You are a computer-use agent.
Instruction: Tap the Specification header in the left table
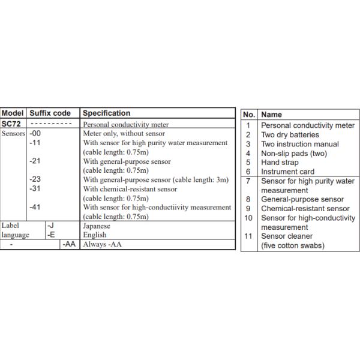[106, 113]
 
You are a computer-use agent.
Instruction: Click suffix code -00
[35, 134]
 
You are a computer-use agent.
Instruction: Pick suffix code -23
[35, 179]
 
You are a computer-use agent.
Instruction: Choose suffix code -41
[35, 207]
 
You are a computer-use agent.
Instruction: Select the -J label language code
[51, 226]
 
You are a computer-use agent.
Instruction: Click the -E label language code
[51, 235]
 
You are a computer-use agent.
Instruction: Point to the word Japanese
[97, 226]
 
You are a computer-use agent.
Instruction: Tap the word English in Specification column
[95, 235]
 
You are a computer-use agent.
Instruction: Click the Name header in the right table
[272, 114]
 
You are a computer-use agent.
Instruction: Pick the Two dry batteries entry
[290, 135]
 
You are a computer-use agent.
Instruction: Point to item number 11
[248, 236]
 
